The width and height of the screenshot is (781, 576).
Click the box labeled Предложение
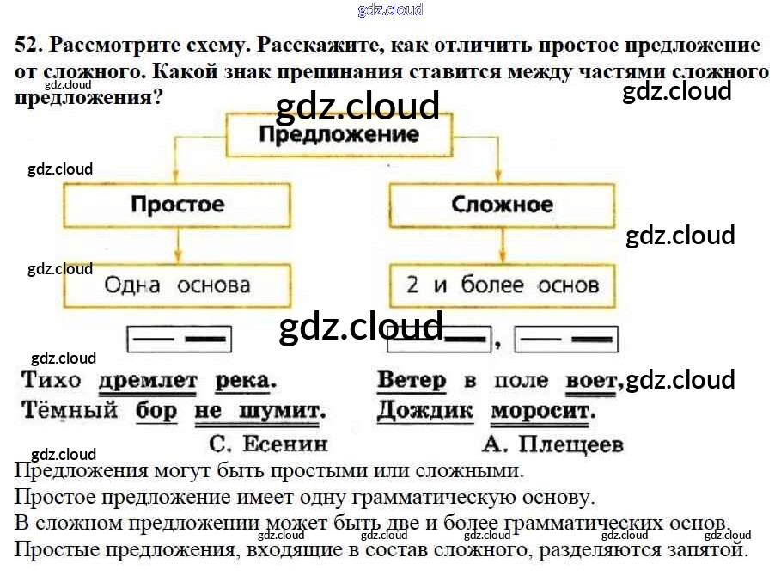339,135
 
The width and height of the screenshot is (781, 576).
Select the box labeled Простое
177,205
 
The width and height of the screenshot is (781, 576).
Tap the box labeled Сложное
502,205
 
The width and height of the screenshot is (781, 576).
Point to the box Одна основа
177,285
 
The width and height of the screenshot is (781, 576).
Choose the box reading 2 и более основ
502,285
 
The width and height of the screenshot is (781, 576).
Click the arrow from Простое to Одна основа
177,246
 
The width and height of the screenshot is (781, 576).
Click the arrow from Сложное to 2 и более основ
502,246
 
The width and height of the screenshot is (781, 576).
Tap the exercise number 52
26,46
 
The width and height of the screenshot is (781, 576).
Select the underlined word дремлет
148,380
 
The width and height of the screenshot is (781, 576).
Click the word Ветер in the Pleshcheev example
412,380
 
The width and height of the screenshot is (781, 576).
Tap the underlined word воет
591,380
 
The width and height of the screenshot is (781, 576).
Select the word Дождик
424,410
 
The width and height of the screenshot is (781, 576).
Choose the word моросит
543,410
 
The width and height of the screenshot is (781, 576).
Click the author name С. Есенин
268,443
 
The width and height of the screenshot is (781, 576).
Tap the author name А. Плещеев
552,443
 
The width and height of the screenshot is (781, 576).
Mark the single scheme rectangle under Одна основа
180,339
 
